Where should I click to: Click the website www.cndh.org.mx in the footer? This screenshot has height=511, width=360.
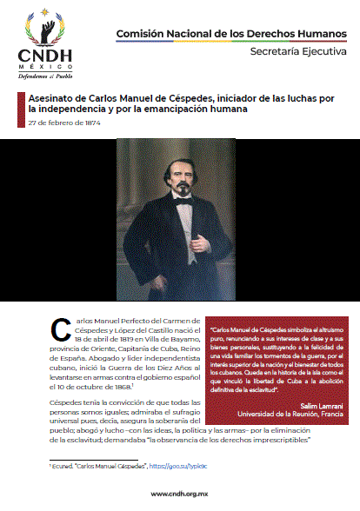click(x=180, y=494)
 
